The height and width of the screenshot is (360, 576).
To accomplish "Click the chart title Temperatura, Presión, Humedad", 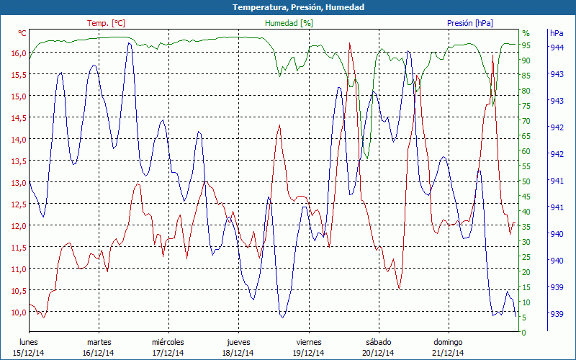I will click(288, 7).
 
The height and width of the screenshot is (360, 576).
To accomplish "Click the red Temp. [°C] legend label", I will click(106, 23).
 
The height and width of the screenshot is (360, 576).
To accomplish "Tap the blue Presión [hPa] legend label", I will click(470, 23).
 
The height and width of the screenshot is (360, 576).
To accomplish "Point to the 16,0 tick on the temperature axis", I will click(18, 53).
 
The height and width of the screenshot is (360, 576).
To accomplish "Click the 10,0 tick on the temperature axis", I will click(18, 312).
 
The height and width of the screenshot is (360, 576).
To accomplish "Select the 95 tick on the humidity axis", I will click(526, 45).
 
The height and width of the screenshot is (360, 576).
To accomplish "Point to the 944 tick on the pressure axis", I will click(557, 48).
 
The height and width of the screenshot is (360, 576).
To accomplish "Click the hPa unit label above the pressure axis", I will click(557, 33).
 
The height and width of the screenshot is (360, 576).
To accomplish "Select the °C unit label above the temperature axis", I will click(22, 33).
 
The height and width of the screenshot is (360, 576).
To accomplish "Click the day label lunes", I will click(28, 342).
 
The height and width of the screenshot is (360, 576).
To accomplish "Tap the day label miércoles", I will click(168, 342).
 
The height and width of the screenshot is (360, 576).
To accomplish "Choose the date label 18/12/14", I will click(238, 353).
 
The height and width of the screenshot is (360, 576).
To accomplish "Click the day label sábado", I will click(378, 342).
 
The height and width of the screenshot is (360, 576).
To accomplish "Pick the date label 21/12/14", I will click(448, 353).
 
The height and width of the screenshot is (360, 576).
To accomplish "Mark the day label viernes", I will click(309, 342).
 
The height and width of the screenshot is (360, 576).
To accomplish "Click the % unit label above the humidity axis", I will click(526, 33).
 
